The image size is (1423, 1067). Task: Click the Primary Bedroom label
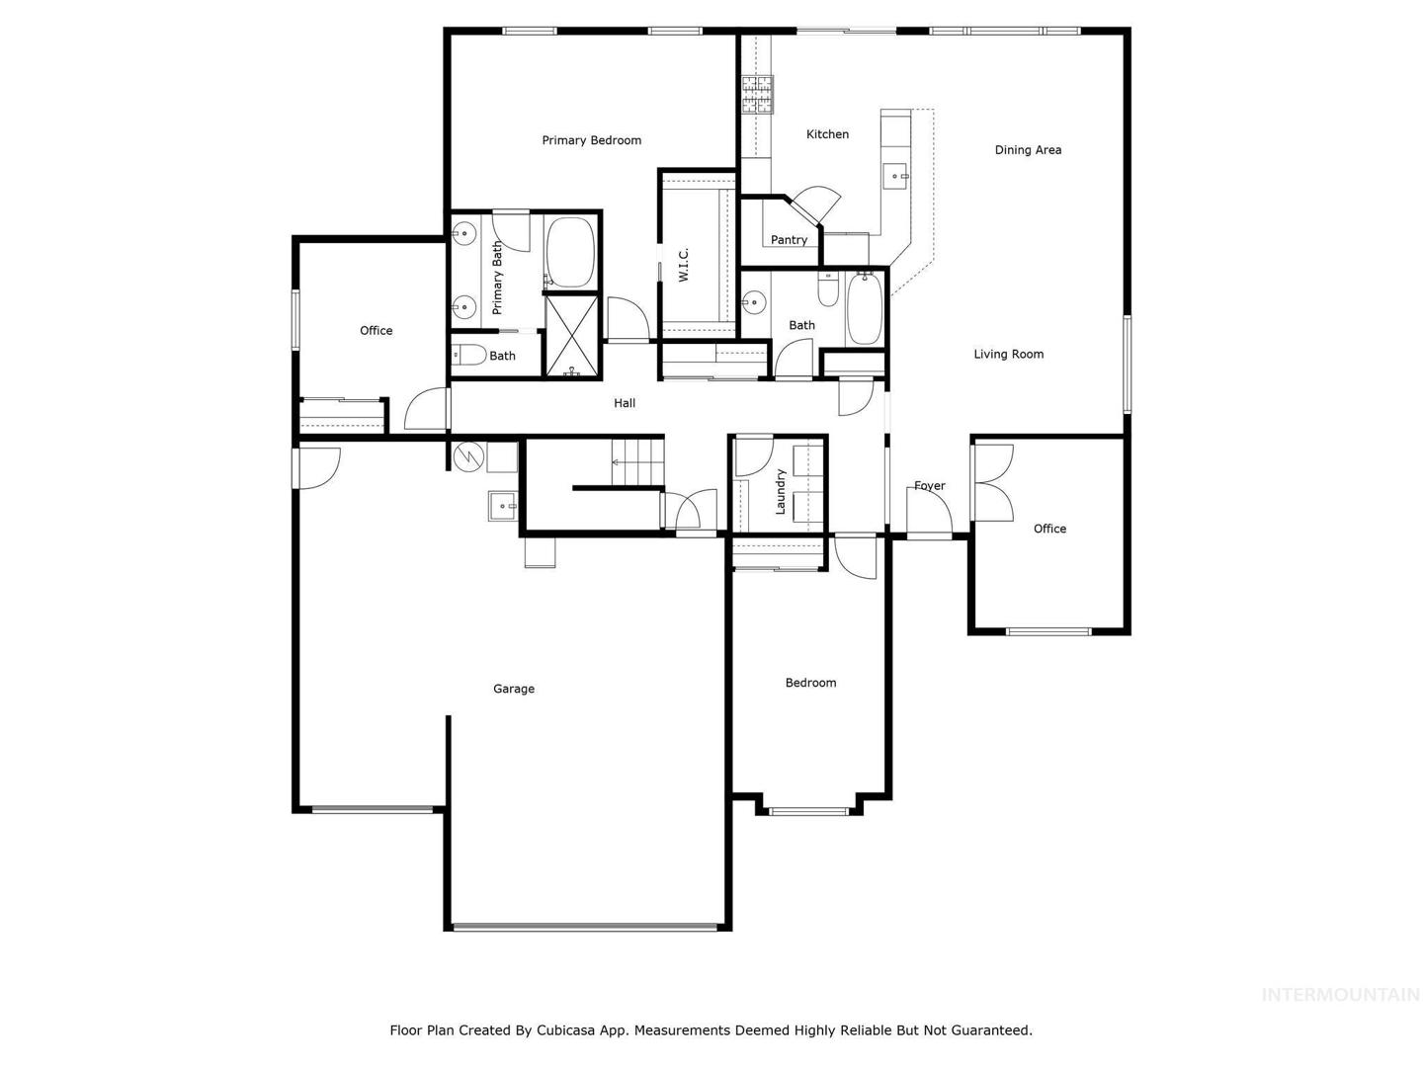(x=591, y=140)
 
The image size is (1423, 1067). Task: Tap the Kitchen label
(x=827, y=134)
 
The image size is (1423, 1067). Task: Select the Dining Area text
(x=1028, y=150)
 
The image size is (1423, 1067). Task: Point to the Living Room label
(x=1009, y=354)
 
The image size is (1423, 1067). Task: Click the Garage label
(x=514, y=689)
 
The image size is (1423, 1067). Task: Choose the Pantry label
(x=789, y=240)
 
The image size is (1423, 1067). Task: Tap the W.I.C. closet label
(x=683, y=265)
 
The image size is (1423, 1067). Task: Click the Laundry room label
(x=780, y=492)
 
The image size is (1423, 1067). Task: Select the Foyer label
(x=930, y=486)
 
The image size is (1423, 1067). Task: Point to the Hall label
(x=625, y=403)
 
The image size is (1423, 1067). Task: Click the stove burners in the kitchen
(x=757, y=95)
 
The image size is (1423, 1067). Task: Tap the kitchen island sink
(x=896, y=176)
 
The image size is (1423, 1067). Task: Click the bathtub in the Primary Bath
(x=570, y=252)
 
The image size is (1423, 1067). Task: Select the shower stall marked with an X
(x=571, y=336)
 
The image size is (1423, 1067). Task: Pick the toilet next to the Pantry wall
(x=828, y=288)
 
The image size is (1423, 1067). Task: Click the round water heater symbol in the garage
(x=468, y=456)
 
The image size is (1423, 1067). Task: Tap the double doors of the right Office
(x=992, y=483)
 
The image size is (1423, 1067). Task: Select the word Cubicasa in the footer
(x=563, y=1030)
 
